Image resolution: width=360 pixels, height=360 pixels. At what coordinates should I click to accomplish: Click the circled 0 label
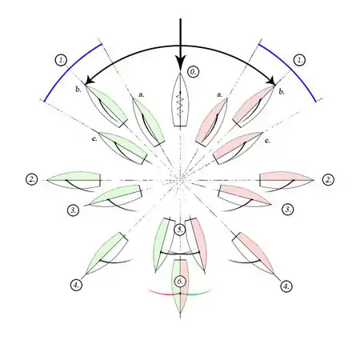(194, 72)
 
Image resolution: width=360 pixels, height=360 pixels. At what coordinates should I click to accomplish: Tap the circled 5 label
(180, 230)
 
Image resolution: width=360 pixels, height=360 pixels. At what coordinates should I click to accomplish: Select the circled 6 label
(180, 282)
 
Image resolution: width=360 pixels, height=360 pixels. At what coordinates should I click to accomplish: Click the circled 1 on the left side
(62, 60)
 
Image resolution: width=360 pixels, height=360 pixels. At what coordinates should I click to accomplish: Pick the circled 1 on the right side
(300, 60)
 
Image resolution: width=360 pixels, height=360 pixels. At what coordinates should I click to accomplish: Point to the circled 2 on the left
(32, 179)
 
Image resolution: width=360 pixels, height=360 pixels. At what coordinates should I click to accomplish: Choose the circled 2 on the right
(329, 180)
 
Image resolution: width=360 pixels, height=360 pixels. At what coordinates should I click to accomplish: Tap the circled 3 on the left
(73, 210)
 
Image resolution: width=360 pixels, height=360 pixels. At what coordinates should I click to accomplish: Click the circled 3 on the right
(288, 210)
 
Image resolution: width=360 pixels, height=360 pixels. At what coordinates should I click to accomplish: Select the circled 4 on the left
(76, 285)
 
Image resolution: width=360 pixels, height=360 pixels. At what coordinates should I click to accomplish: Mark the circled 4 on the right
(286, 286)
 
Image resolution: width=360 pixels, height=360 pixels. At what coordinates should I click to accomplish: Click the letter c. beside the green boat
(94, 139)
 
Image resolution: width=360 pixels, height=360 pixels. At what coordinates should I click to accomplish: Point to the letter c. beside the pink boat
(267, 140)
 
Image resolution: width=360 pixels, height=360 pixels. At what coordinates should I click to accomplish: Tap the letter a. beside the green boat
(142, 94)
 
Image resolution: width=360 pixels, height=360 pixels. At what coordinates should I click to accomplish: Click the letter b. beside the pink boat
(282, 92)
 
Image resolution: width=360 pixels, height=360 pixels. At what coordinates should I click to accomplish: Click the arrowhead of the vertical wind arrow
(180, 64)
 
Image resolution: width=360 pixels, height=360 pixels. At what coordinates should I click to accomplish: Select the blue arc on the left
(70, 71)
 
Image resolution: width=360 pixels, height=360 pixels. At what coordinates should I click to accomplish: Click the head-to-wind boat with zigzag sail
(180, 99)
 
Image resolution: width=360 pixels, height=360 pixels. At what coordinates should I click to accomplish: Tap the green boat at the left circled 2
(74, 180)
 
